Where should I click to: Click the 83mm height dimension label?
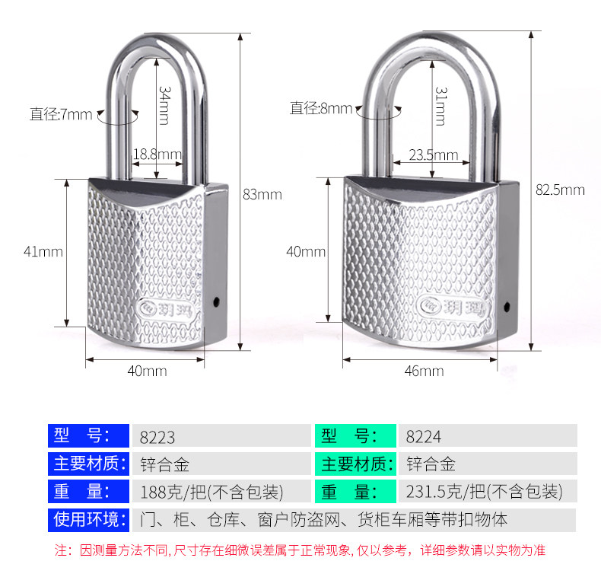click(x=262, y=195)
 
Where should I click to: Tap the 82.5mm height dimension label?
click(x=559, y=190)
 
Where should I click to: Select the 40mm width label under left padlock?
click(x=146, y=371)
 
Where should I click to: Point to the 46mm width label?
click(x=424, y=371)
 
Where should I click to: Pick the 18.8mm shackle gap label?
click(x=157, y=155)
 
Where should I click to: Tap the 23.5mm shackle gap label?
click(x=434, y=155)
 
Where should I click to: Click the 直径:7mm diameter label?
click(x=61, y=115)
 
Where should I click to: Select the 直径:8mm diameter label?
click(x=321, y=108)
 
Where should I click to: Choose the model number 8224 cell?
click(x=424, y=437)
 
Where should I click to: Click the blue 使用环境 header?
click(x=86, y=520)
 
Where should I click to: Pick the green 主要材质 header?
click(x=355, y=464)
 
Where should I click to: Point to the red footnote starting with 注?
click(x=300, y=550)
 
